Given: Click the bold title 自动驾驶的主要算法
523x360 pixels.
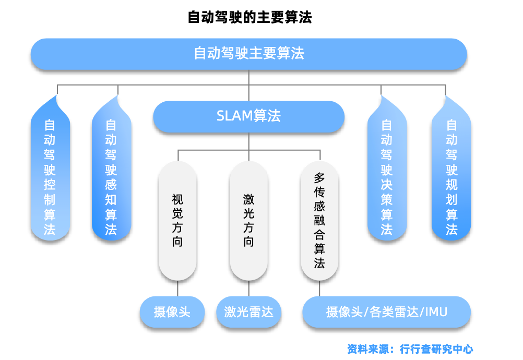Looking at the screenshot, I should [x=249, y=18].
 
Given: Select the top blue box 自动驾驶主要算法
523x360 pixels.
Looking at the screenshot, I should [x=248, y=54].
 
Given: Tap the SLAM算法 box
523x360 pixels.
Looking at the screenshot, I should [x=248, y=116].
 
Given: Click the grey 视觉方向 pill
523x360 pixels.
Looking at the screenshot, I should [x=177, y=220].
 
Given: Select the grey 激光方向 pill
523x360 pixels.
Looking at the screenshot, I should [x=249, y=220].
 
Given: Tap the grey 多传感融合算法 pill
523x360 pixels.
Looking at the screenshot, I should [x=319, y=220].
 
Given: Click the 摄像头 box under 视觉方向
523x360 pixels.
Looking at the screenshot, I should [x=172, y=313].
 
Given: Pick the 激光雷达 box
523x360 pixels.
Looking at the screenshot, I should [x=248, y=313].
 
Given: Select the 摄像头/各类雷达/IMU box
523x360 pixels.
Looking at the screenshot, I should [x=386, y=313].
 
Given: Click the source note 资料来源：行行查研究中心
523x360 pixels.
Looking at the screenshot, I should [x=410, y=349].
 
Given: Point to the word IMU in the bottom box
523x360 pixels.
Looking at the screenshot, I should [x=436, y=313].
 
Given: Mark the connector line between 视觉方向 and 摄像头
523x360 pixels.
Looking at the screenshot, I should [x=177, y=289].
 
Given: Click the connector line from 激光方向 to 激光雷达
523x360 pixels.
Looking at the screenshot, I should [x=249, y=289].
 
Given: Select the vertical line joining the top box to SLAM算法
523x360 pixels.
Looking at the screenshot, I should [x=249, y=86].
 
